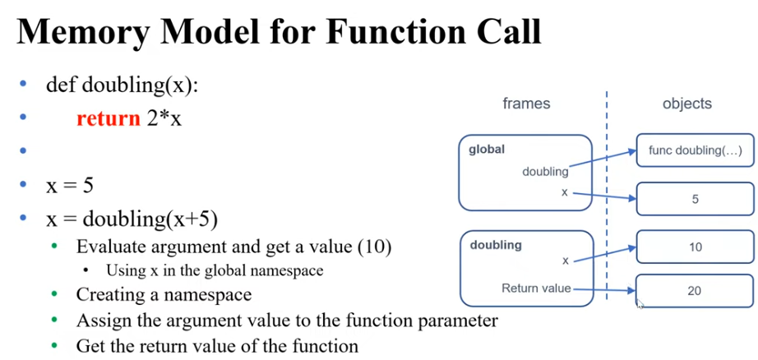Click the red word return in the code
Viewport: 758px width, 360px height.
108,118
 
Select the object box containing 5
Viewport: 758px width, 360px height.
695,199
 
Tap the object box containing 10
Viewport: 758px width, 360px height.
695,247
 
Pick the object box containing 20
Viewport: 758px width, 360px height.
695,290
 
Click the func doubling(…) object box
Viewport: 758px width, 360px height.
695,150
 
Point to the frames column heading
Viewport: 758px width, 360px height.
526,104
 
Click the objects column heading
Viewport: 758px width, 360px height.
686,104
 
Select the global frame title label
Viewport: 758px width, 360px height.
487,150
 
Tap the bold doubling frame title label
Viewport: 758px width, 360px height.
496,245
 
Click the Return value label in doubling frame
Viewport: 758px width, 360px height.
535,288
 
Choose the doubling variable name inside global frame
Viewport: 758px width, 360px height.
545,172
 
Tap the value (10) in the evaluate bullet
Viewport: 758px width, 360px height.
374,247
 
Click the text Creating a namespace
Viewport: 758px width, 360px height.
164,293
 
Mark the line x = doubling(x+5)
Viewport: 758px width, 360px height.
132,219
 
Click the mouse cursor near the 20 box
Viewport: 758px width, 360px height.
640,303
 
